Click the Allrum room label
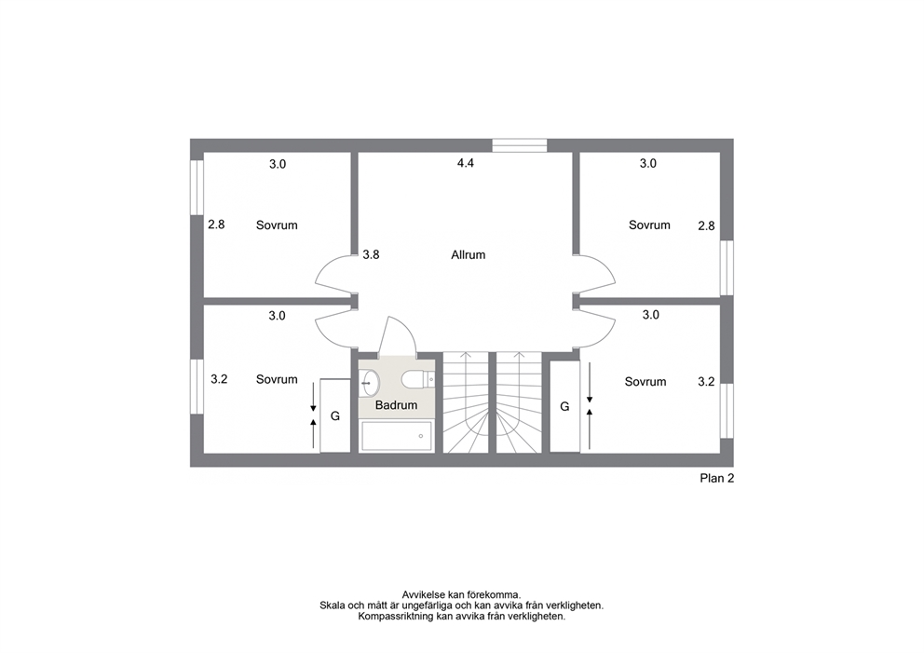(x=468, y=255)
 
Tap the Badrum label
(x=396, y=405)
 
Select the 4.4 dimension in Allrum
(x=466, y=163)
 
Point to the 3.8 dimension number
(x=371, y=254)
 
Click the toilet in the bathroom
(x=418, y=380)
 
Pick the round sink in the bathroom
(x=370, y=383)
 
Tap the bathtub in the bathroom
(x=397, y=437)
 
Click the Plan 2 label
(x=716, y=479)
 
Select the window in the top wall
(x=519, y=145)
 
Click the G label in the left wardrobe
(x=334, y=416)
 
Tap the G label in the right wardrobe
(x=564, y=407)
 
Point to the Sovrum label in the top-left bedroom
(x=277, y=225)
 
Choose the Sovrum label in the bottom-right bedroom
(x=645, y=382)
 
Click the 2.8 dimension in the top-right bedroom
(x=706, y=225)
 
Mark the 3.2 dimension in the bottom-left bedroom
(x=219, y=379)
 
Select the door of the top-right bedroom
(x=595, y=274)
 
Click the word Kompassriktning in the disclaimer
(x=396, y=617)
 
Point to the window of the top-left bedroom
(x=197, y=187)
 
